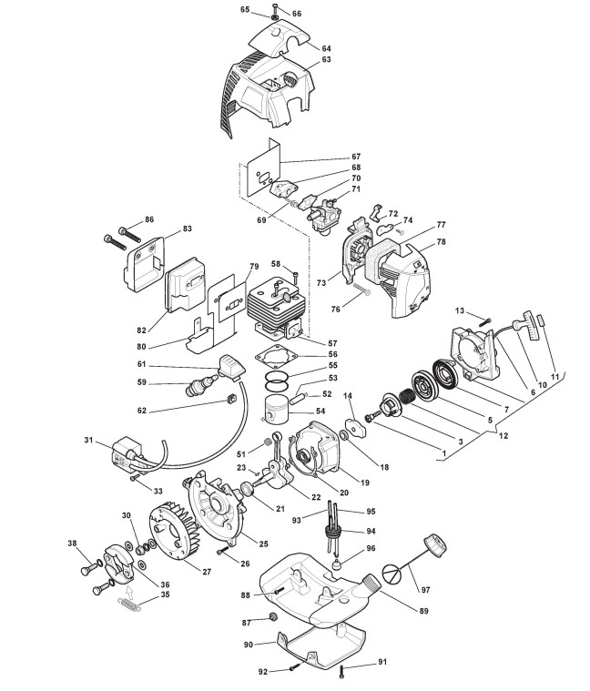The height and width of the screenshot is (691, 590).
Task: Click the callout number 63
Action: click(x=326, y=61)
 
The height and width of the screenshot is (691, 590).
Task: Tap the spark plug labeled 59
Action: click(x=201, y=387)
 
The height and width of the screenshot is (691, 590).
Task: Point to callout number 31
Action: click(x=89, y=441)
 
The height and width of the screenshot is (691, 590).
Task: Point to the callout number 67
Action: click(x=331, y=157)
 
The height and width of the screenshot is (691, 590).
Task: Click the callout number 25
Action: click(x=263, y=544)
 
